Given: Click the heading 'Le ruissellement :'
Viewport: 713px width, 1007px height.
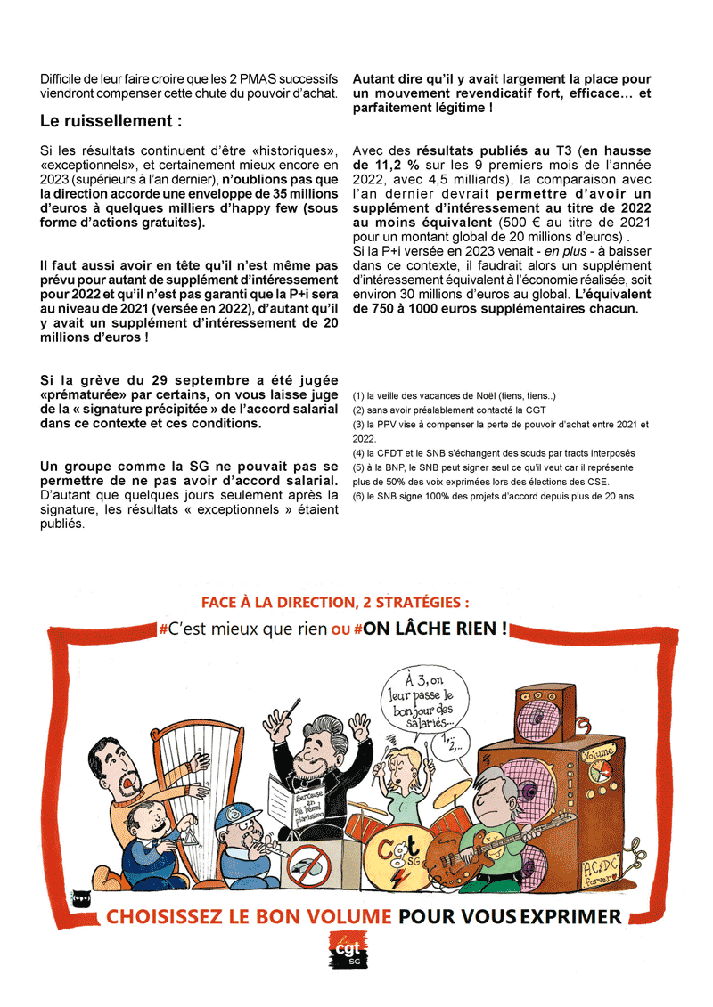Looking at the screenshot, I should [111, 120].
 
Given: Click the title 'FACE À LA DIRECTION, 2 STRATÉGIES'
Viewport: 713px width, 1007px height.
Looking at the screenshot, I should [334, 604].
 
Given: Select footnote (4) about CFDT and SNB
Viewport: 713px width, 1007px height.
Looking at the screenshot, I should [494, 452].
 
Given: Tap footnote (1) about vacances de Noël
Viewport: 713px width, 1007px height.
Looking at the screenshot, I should [455, 395].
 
